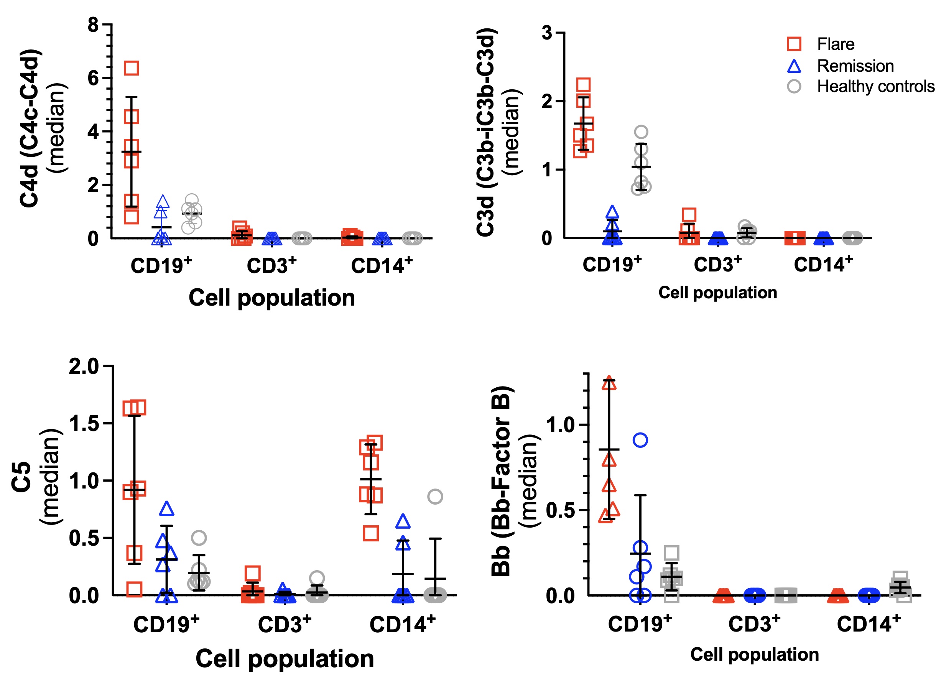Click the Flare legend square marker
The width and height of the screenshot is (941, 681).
tap(794, 44)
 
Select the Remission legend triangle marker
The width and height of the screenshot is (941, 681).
tap(794, 66)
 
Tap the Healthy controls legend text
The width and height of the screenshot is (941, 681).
tap(875, 86)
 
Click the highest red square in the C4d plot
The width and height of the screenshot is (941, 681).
tap(132, 68)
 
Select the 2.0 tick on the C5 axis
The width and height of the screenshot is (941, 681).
tap(84, 367)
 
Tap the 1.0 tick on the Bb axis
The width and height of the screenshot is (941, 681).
tap(560, 425)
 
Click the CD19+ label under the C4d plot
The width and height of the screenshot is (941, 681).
tap(161, 266)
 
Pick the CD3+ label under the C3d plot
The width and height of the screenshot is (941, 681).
tap(717, 265)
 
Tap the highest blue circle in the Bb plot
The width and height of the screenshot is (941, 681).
tap(640, 440)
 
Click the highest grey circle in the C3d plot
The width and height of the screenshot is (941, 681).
tap(641, 132)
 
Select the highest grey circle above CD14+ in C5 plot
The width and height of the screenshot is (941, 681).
tap(435, 497)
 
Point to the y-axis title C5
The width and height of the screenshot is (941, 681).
tap(21, 477)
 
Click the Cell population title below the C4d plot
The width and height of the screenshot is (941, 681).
tap(272, 298)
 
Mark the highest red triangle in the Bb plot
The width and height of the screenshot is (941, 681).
tap(609, 384)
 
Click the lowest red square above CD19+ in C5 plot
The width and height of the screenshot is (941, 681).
tap(134, 589)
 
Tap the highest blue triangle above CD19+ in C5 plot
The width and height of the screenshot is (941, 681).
tap(167, 509)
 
